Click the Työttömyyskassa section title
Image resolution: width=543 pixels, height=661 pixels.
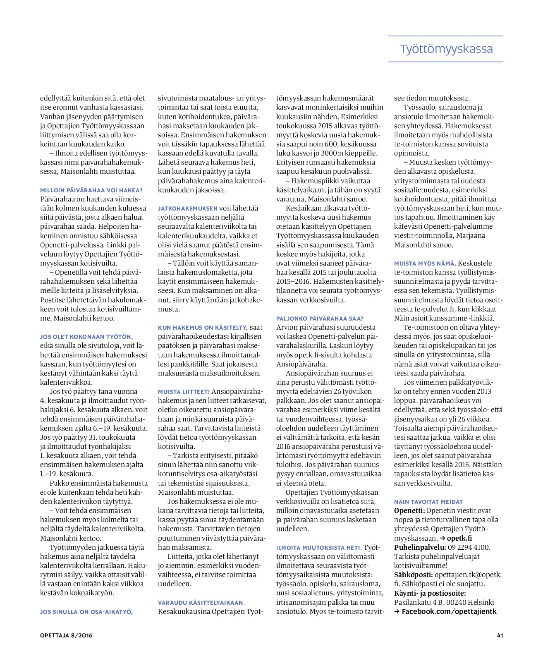point(446,49)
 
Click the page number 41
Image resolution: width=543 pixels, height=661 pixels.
point(500,635)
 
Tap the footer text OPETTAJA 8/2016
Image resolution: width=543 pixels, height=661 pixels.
point(66,635)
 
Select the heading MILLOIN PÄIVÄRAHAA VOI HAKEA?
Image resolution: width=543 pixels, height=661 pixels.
point(91,190)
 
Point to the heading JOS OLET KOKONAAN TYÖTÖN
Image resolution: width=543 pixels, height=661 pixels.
point(86,337)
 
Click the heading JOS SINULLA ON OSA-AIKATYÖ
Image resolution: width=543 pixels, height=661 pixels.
point(86,611)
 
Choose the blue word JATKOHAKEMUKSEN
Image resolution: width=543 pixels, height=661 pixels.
point(188,208)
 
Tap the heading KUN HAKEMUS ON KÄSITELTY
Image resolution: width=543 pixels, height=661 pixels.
point(203,328)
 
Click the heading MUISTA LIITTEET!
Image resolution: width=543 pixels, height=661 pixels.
point(184,391)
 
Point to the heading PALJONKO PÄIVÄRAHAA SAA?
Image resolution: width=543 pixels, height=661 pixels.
point(320,319)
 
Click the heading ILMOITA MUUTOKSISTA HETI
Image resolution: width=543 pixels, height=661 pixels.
point(319,548)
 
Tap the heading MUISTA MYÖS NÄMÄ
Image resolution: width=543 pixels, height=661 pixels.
point(425,263)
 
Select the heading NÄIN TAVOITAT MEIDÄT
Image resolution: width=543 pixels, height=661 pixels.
point(428,502)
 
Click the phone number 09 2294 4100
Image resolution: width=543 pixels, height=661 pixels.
point(469,547)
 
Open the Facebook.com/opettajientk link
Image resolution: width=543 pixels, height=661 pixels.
point(449,611)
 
